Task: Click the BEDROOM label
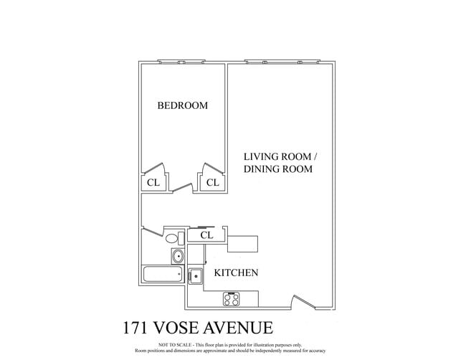pyautogui.click(x=182, y=105)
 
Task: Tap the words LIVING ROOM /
pyautogui.click(x=279, y=156)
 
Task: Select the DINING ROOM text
pyautogui.click(x=278, y=169)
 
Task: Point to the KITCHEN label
pyautogui.click(x=236, y=273)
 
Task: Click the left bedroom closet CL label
pyautogui.click(x=153, y=183)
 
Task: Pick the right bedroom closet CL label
pyautogui.click(x=212, y=183)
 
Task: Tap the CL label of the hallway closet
pyautogui.click(x=206, y=235)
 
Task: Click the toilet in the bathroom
pyautogui.click(x=172, y=239)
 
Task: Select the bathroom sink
pyautogui.click(x=177, y=256)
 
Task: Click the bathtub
pyautogui.click(x=162, y=274)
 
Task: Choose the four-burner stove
pyautogui.click(x=232, y=298)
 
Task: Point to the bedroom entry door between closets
pyautogui.click(x=182, y=189)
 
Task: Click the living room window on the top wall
pyautogui.click(x=282, y=62)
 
